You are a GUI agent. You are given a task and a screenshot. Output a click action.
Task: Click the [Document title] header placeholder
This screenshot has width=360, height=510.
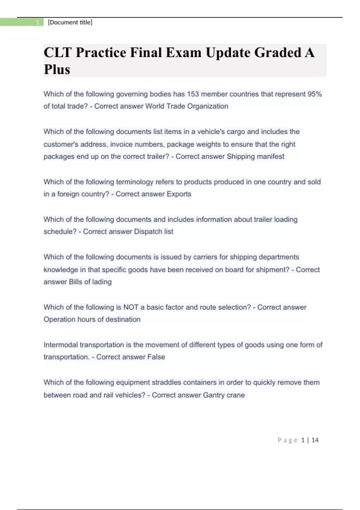point(70,22)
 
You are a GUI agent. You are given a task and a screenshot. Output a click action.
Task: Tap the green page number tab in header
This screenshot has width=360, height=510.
point(22,22)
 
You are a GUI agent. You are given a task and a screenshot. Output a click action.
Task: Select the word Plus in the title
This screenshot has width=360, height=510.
point(57,70)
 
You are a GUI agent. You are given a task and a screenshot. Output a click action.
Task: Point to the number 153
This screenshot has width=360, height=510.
point(193,94)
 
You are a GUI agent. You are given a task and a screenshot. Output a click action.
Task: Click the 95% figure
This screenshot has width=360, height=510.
point(314,94)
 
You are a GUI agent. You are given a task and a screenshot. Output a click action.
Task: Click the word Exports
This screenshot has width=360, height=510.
point(179,194)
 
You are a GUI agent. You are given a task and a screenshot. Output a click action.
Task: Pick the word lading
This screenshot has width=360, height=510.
point(102,282)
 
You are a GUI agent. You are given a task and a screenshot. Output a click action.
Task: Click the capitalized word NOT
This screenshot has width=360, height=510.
point(131,307)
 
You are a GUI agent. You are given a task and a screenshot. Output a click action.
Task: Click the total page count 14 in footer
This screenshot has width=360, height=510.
point(315,440)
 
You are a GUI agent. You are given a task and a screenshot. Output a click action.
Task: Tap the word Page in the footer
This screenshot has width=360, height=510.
point(287,440)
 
